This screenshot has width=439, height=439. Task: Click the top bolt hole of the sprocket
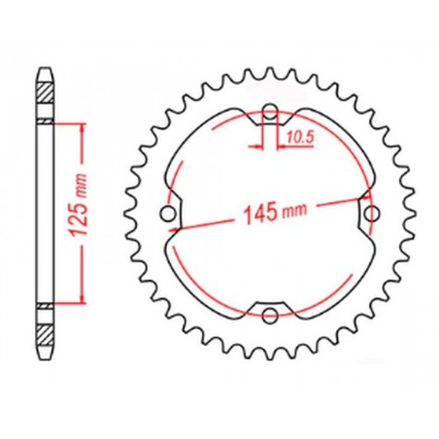[x=270, y=112]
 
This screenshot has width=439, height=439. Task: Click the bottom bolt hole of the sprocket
[x=270, y=316]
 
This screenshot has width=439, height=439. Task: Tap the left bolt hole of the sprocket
[x=168, y=214]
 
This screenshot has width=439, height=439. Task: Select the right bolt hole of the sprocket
[x=372, y=214]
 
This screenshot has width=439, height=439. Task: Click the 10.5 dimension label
[x=300, y=138]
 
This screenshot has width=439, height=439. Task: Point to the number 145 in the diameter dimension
[x=261, y=214]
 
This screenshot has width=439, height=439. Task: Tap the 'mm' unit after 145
[x=294, y=211]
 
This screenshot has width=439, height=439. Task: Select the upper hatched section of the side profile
[x=46, y=93]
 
